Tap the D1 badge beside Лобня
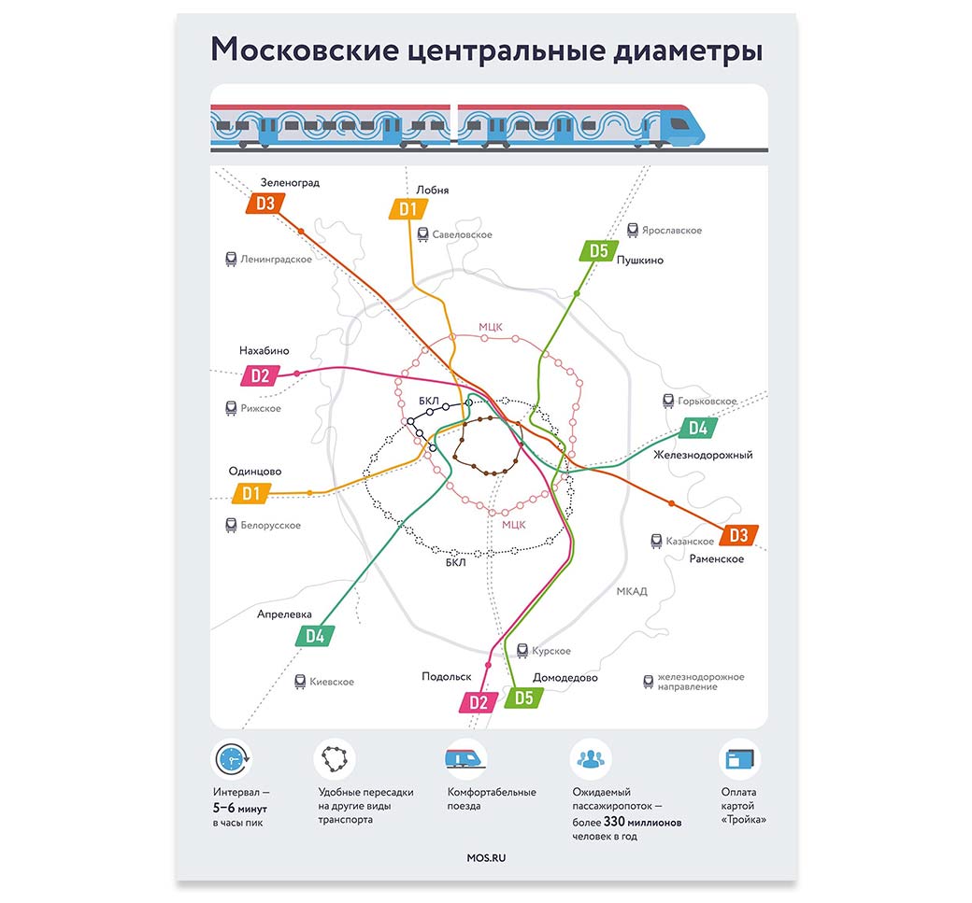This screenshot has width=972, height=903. (x=407, y=208)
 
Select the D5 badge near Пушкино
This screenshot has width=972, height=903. (x=598, y=250)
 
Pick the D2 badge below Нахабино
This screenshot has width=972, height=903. (x=260, y=376)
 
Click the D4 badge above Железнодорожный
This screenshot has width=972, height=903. (x=697, y=429)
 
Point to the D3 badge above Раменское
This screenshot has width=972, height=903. (x=738, y=535)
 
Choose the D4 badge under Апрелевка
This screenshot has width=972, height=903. (x=315, y=636)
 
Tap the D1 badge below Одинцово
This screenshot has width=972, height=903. (x=250, y=493)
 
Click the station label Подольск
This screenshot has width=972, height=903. (x=446, y=677)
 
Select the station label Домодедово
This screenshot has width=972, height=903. (x=565, y=677)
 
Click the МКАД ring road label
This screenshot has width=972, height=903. (x=632, y=591)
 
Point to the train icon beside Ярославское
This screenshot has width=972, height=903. (x=633, y=230)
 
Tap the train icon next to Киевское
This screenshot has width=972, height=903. (x=300, y=682)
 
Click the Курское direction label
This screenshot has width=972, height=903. (x=550, y=651)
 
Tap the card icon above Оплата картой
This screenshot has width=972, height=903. (x=739, y=760)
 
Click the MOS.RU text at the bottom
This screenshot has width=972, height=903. (x=486, y=857)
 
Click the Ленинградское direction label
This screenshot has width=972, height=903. (x=276, y=259)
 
